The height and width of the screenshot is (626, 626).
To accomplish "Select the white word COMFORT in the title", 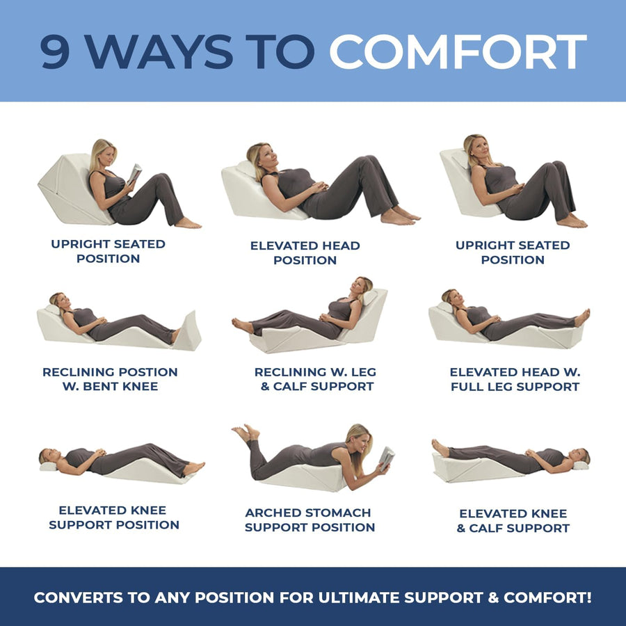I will click(458, 52).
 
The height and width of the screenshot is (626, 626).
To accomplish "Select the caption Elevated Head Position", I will click(305, 253).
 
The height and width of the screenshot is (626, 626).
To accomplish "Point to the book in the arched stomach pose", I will click(386, 458).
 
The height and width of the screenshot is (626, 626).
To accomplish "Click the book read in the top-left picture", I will click(134, 173).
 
